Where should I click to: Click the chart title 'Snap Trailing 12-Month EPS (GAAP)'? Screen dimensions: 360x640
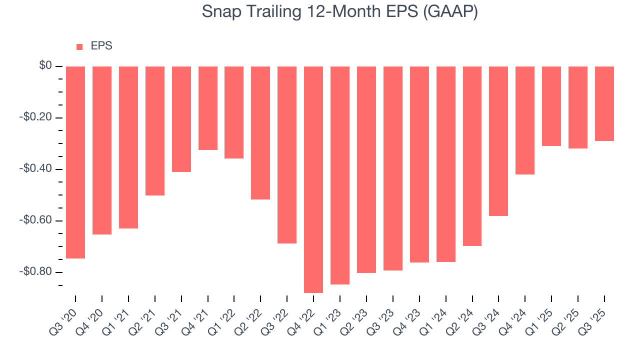click(x=340, y=12)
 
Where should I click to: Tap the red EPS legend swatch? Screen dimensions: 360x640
click(x=79, y=47)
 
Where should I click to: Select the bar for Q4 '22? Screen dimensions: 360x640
click(x=313, y=179)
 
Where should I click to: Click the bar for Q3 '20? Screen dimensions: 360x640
click(x=75, y=162)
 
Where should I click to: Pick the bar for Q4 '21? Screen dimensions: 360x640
click(x=208, y=108)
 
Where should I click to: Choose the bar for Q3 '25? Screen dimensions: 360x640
click(x=604, y=103)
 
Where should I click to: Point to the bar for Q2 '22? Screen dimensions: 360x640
click(x=260, y=133)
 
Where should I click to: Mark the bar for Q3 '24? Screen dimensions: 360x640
click(x=498, y=141)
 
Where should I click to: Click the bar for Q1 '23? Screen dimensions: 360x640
click(x=340, y=175)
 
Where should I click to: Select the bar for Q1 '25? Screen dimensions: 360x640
click(x=551, y=106)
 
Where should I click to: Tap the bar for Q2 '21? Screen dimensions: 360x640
click(x=155, y=131)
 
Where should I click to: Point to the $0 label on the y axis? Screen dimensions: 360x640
click(x=46, y=66)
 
